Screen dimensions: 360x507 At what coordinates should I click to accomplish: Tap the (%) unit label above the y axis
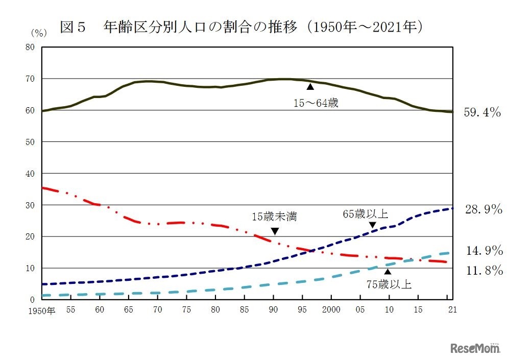click(x=38, y=33)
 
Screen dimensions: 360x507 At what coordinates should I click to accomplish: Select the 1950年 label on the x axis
click(x=41, y=310)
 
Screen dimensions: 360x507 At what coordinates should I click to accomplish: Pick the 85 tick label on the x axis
click(x=245, y=309)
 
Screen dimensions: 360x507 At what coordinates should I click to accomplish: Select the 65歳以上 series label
click(x=365, y=214)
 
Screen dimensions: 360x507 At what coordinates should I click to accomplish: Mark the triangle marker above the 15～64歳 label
click(x=310, y=87)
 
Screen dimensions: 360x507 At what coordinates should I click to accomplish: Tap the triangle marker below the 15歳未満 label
click(x=275, y=231)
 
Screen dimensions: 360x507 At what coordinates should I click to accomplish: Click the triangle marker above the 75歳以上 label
click(x=388, y=272)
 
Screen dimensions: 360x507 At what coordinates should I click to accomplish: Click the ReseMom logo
click(x=475, y=348)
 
